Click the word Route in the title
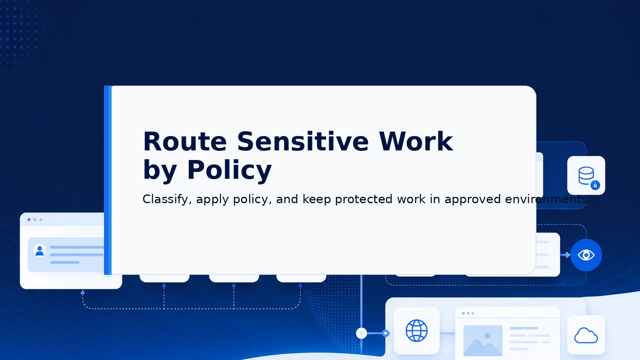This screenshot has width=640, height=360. click(x=185, y=142)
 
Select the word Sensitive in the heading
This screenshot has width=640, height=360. click(x=303, y=141)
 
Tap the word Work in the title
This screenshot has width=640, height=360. click(x=416, y=142)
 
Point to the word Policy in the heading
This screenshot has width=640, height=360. click(x=229, y=170)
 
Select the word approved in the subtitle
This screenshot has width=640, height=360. click(x=472, y=200)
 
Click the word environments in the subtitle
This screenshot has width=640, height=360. click(x=548, y=199)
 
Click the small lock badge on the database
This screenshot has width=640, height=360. click(x=595, y=186)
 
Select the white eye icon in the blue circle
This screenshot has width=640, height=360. click(x=586, y=255)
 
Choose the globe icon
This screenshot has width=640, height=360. click(x=416, y=330)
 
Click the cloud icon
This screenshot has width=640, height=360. click(x=586, y=336)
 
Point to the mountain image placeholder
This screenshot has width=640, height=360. click(x=483, y=340)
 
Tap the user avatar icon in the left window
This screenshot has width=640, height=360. click(x=40, y=251)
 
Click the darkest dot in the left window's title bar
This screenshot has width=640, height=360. click(x=29, y=220)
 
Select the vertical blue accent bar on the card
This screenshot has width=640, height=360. click(x=108, y=180)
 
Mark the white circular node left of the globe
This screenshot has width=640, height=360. click(x=362, y=333)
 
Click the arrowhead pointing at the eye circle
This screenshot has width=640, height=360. click(x=568, y=255)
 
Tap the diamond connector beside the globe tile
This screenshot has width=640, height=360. click(x=386, y=333)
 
